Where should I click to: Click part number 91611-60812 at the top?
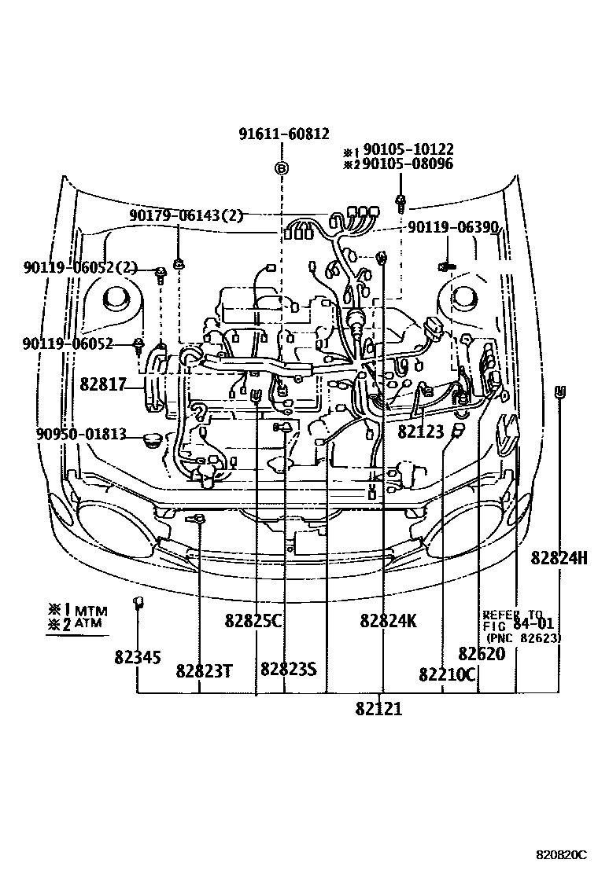tap(284, 134)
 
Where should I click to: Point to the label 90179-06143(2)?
tap(188, 215)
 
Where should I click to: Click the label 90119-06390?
tap(453, 228)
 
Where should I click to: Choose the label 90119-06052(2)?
tap(79, 268)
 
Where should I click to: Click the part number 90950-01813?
tap(79, 433)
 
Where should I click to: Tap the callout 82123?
tap(421, 431)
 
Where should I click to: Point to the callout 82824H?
tap(559, 557)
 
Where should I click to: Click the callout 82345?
tap(138, 658)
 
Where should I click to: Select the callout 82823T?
tap(204, 670)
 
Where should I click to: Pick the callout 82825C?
tap(253, 621)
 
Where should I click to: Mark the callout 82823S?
tap(288, 669)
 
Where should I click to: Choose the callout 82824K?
tap(389, 621)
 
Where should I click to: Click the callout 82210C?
tap(448, 674)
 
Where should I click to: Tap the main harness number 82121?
tap(378, 709)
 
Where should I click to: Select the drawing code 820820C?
tap(562, 854)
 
